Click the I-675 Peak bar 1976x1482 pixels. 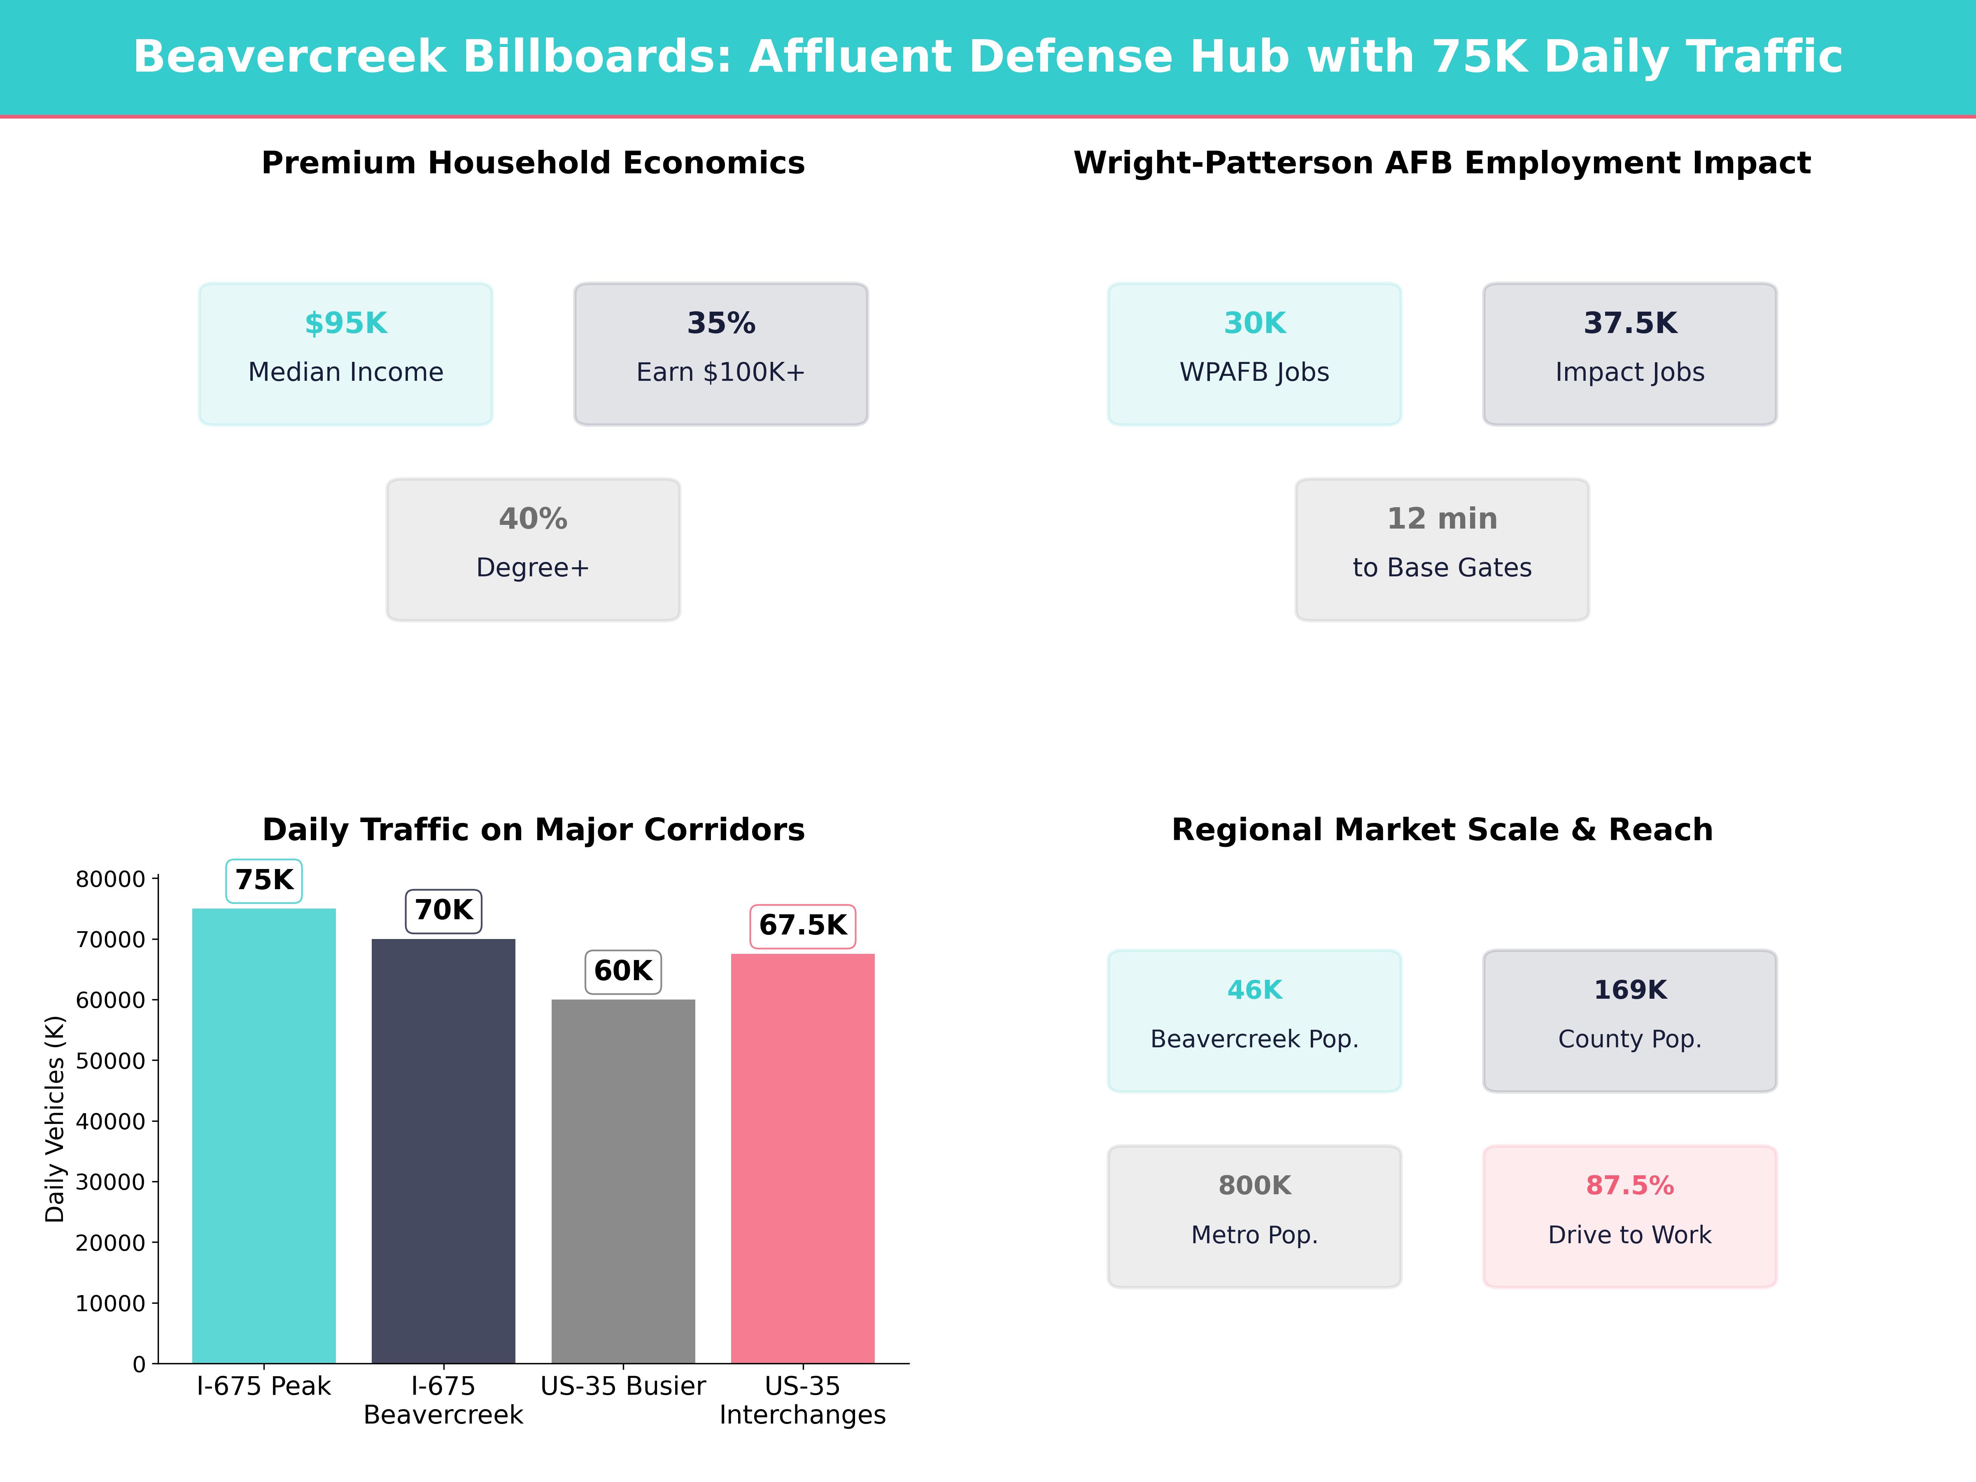pos(263,1135)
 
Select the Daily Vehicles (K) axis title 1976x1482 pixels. pos(56,1118)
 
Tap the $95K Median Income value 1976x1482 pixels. pos(346,324)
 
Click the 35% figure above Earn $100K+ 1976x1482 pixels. pos(721,324)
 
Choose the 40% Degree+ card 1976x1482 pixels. pos(533,550)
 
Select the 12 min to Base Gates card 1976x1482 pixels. pos(1442,550)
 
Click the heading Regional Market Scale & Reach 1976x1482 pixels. pos(1442,830)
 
